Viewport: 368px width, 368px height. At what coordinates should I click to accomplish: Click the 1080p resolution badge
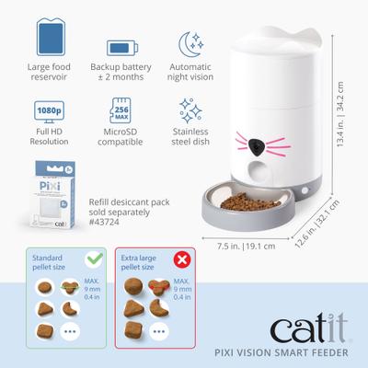(50, 109)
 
